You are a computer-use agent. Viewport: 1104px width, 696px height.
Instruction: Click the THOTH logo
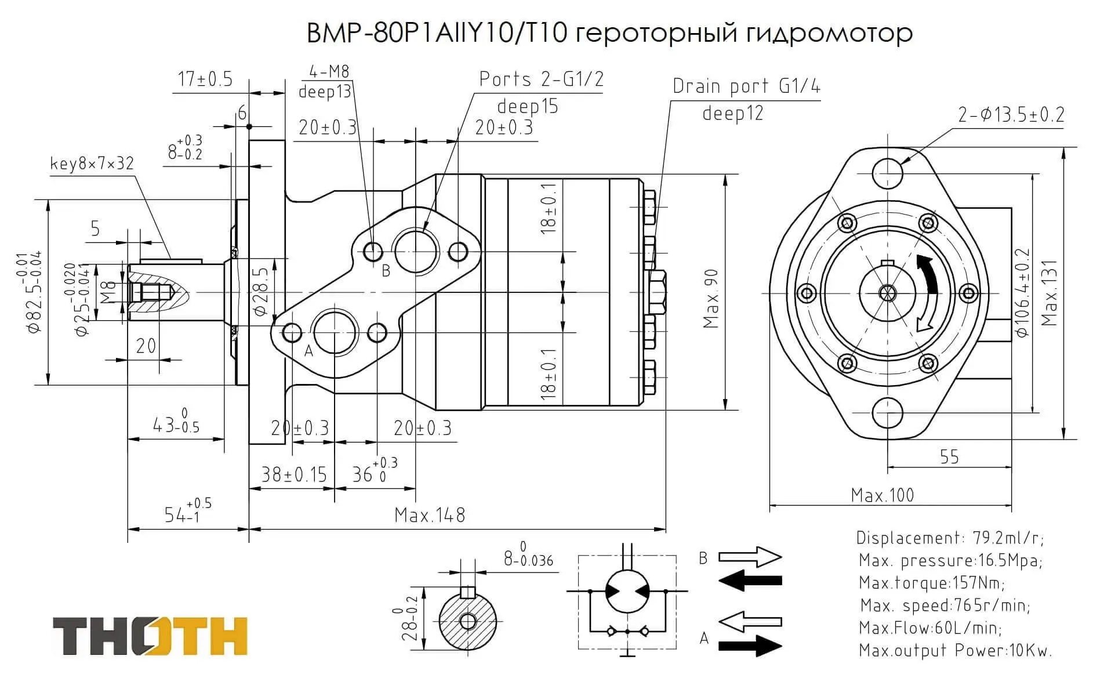[150, 636]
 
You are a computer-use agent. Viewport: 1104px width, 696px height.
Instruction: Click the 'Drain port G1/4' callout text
[746, 86]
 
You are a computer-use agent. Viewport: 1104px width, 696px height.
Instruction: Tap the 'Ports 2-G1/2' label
[541, 79]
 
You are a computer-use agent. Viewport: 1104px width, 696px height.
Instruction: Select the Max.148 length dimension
[430, 515]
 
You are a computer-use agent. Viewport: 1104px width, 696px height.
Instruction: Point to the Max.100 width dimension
[882, 495]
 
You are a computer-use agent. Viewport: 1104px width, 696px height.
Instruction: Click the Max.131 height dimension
[1050, 293]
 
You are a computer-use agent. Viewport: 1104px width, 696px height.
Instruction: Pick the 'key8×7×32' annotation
[92, 164]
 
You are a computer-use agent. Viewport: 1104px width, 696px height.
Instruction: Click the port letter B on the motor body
[386, 271]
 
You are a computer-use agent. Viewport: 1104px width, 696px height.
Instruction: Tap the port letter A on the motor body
[308, 350]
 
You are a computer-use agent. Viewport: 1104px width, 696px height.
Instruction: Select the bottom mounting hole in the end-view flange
[887, 412]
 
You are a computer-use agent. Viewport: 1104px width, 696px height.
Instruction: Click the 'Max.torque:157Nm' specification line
[932, 582]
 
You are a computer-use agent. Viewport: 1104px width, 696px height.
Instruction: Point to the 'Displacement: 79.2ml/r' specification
[950, 538]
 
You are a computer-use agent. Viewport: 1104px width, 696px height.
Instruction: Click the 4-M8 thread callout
[329, 72]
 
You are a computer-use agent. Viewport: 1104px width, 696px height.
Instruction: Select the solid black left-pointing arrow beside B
[750, 580]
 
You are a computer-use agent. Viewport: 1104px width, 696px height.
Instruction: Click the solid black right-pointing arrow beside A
[750, 646]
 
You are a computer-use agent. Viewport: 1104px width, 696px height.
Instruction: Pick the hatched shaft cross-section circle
[467, 622]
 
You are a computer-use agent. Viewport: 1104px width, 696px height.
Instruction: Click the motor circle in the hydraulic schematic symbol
[627, 591]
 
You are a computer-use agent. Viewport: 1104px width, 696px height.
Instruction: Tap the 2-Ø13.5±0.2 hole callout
[1011, 115]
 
